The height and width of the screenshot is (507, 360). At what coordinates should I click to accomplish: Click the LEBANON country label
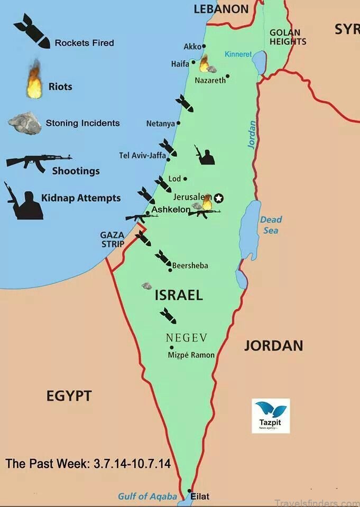click(x=221, y=9)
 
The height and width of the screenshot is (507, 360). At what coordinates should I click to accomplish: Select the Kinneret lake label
click(x=238, y=54)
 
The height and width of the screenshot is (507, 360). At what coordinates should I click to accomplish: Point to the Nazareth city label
click(x=210, y=81)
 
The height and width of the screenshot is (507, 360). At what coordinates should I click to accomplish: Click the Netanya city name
click(x=160, y=124)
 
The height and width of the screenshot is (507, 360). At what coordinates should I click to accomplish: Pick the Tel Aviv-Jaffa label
click(x=142, y=155)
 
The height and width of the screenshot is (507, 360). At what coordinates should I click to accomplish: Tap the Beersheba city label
click(x=190, y=266)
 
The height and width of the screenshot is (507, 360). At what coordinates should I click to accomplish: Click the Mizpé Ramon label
click(x=191, y=355)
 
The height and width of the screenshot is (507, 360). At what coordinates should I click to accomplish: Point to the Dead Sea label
click(x=271, y=225)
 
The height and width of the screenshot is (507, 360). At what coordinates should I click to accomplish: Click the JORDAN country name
click(x=273, y=346)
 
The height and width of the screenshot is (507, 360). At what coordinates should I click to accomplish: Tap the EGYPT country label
click(x=69, y=396)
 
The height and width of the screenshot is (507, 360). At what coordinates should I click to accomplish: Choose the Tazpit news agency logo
click(x=271, y=416)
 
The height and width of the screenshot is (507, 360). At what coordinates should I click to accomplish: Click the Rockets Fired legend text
click(x=84, y=43)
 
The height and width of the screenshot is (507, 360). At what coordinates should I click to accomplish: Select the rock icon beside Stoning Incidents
click(x=25, y=123)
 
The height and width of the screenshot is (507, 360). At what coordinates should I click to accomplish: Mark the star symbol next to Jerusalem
click(x=219, y=198)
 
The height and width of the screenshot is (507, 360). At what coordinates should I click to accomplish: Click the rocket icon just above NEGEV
click(x=168, y=315)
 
